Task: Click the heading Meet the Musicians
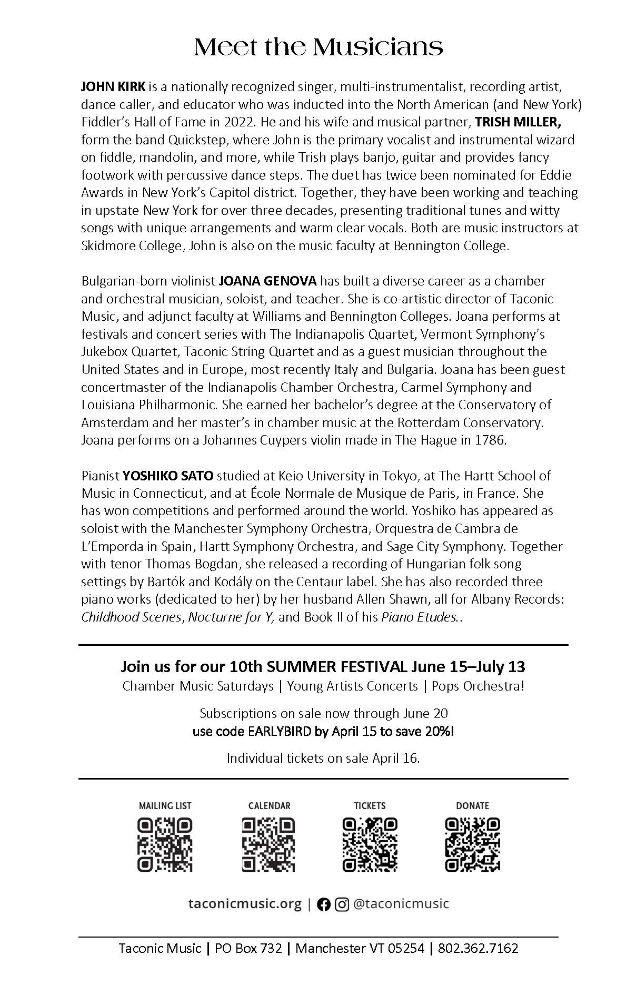[x=318, y=48]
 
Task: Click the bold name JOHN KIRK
[x=113, y=86]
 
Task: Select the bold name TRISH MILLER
[x=518, y=122]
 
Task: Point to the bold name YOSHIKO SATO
[x=168, y=476]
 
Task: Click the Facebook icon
[x=324, y=904]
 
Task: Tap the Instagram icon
[x=342, y=904]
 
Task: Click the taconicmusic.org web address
[x=245, y=904]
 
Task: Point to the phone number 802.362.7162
[x=478, y=949]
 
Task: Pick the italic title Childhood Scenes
[x=131, y=617]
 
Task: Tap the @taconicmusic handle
[x=401, y=904]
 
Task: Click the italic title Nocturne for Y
[x=231, y=617]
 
